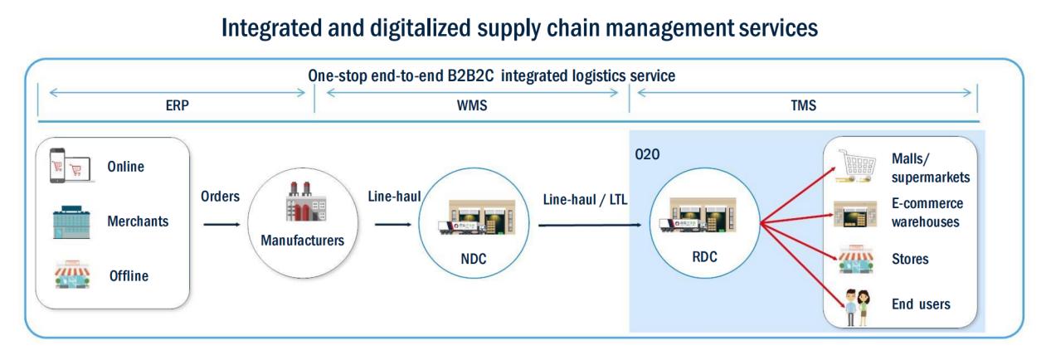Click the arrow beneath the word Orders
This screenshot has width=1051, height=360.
(x=221, y=223)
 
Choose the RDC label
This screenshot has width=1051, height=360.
(x=704, y=257)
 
